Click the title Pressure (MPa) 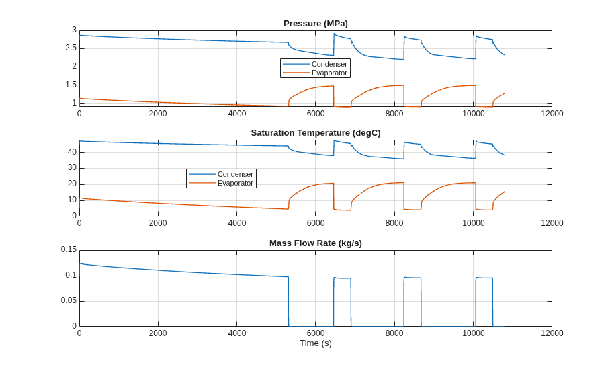point(316,24)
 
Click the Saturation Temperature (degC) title point(316,133)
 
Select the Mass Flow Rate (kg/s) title point(316,243)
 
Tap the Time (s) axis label point(316,343)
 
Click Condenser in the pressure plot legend point(329,65)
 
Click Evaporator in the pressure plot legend point(329,73)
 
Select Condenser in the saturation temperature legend point(235,174)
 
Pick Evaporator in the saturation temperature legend point(235,183)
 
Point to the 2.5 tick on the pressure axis point(71,48)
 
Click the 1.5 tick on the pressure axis point(71,85)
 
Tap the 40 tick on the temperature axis point(73,152)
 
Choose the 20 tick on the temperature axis point(73,184)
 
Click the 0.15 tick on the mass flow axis point(69,249)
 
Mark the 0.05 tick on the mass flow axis point(69,301)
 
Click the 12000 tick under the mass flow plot point(552,333)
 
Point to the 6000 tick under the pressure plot point(316,114)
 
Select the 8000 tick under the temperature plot point(394,223)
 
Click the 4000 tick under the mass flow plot point(237,333)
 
